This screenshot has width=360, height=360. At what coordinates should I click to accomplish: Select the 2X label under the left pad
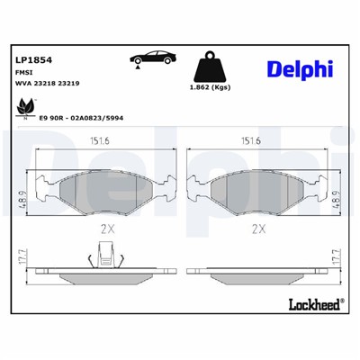106,229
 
